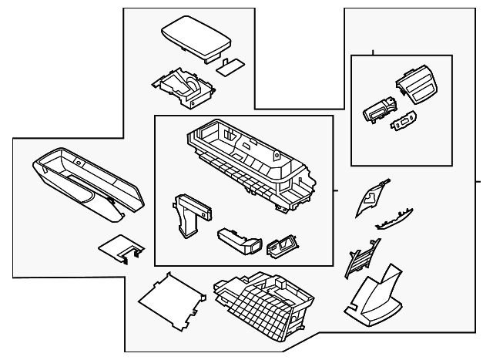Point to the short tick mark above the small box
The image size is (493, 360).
tap(374, 53)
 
